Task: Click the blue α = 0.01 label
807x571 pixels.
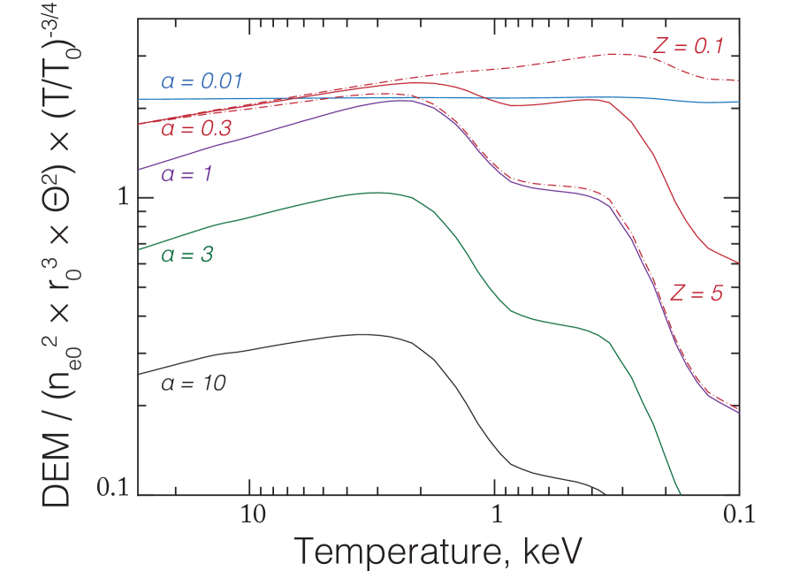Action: (x=202, y=82)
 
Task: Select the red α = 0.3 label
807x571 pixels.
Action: (x=196, y=129)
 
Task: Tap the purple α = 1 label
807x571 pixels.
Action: (x=187, y=174)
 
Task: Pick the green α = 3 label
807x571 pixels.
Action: (x=187, y=255)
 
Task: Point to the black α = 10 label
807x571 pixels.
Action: (x=194, y=384)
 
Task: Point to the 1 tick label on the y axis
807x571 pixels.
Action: (x=123, y=196)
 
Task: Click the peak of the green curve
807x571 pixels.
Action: (x=376, y=193)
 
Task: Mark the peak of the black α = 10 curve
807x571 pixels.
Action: (x=361, y=334)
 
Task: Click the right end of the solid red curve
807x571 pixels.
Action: (x=739, y=263)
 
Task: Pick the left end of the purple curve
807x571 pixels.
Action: (x=141, y=169)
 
